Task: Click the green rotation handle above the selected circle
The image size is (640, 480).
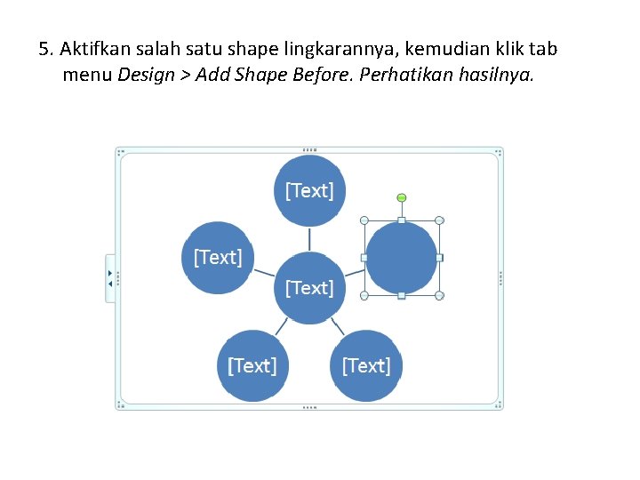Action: pos(401,197)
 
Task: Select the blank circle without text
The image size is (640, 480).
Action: pos(401,258)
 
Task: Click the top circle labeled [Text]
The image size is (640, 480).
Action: pos(309,190)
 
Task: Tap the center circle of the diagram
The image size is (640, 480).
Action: pos(309,288)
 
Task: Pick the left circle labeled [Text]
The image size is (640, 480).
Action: pos(218,257)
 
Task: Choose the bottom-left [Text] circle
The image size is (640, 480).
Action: pos(252,365)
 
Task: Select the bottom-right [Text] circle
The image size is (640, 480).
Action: pos(366,365)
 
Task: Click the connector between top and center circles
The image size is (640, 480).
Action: pos(309,239)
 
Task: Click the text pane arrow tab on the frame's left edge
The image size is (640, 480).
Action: pos(110,278)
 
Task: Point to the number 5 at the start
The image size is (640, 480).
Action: pos(44,49)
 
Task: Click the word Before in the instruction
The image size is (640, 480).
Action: pos(319,75)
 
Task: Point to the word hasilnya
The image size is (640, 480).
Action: pos(497,75)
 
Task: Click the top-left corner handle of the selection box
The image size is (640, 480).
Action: pos(364,220)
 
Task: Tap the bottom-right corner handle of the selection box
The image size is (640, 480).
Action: pos(439,295)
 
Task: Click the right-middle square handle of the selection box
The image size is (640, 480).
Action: pos(439,258)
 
